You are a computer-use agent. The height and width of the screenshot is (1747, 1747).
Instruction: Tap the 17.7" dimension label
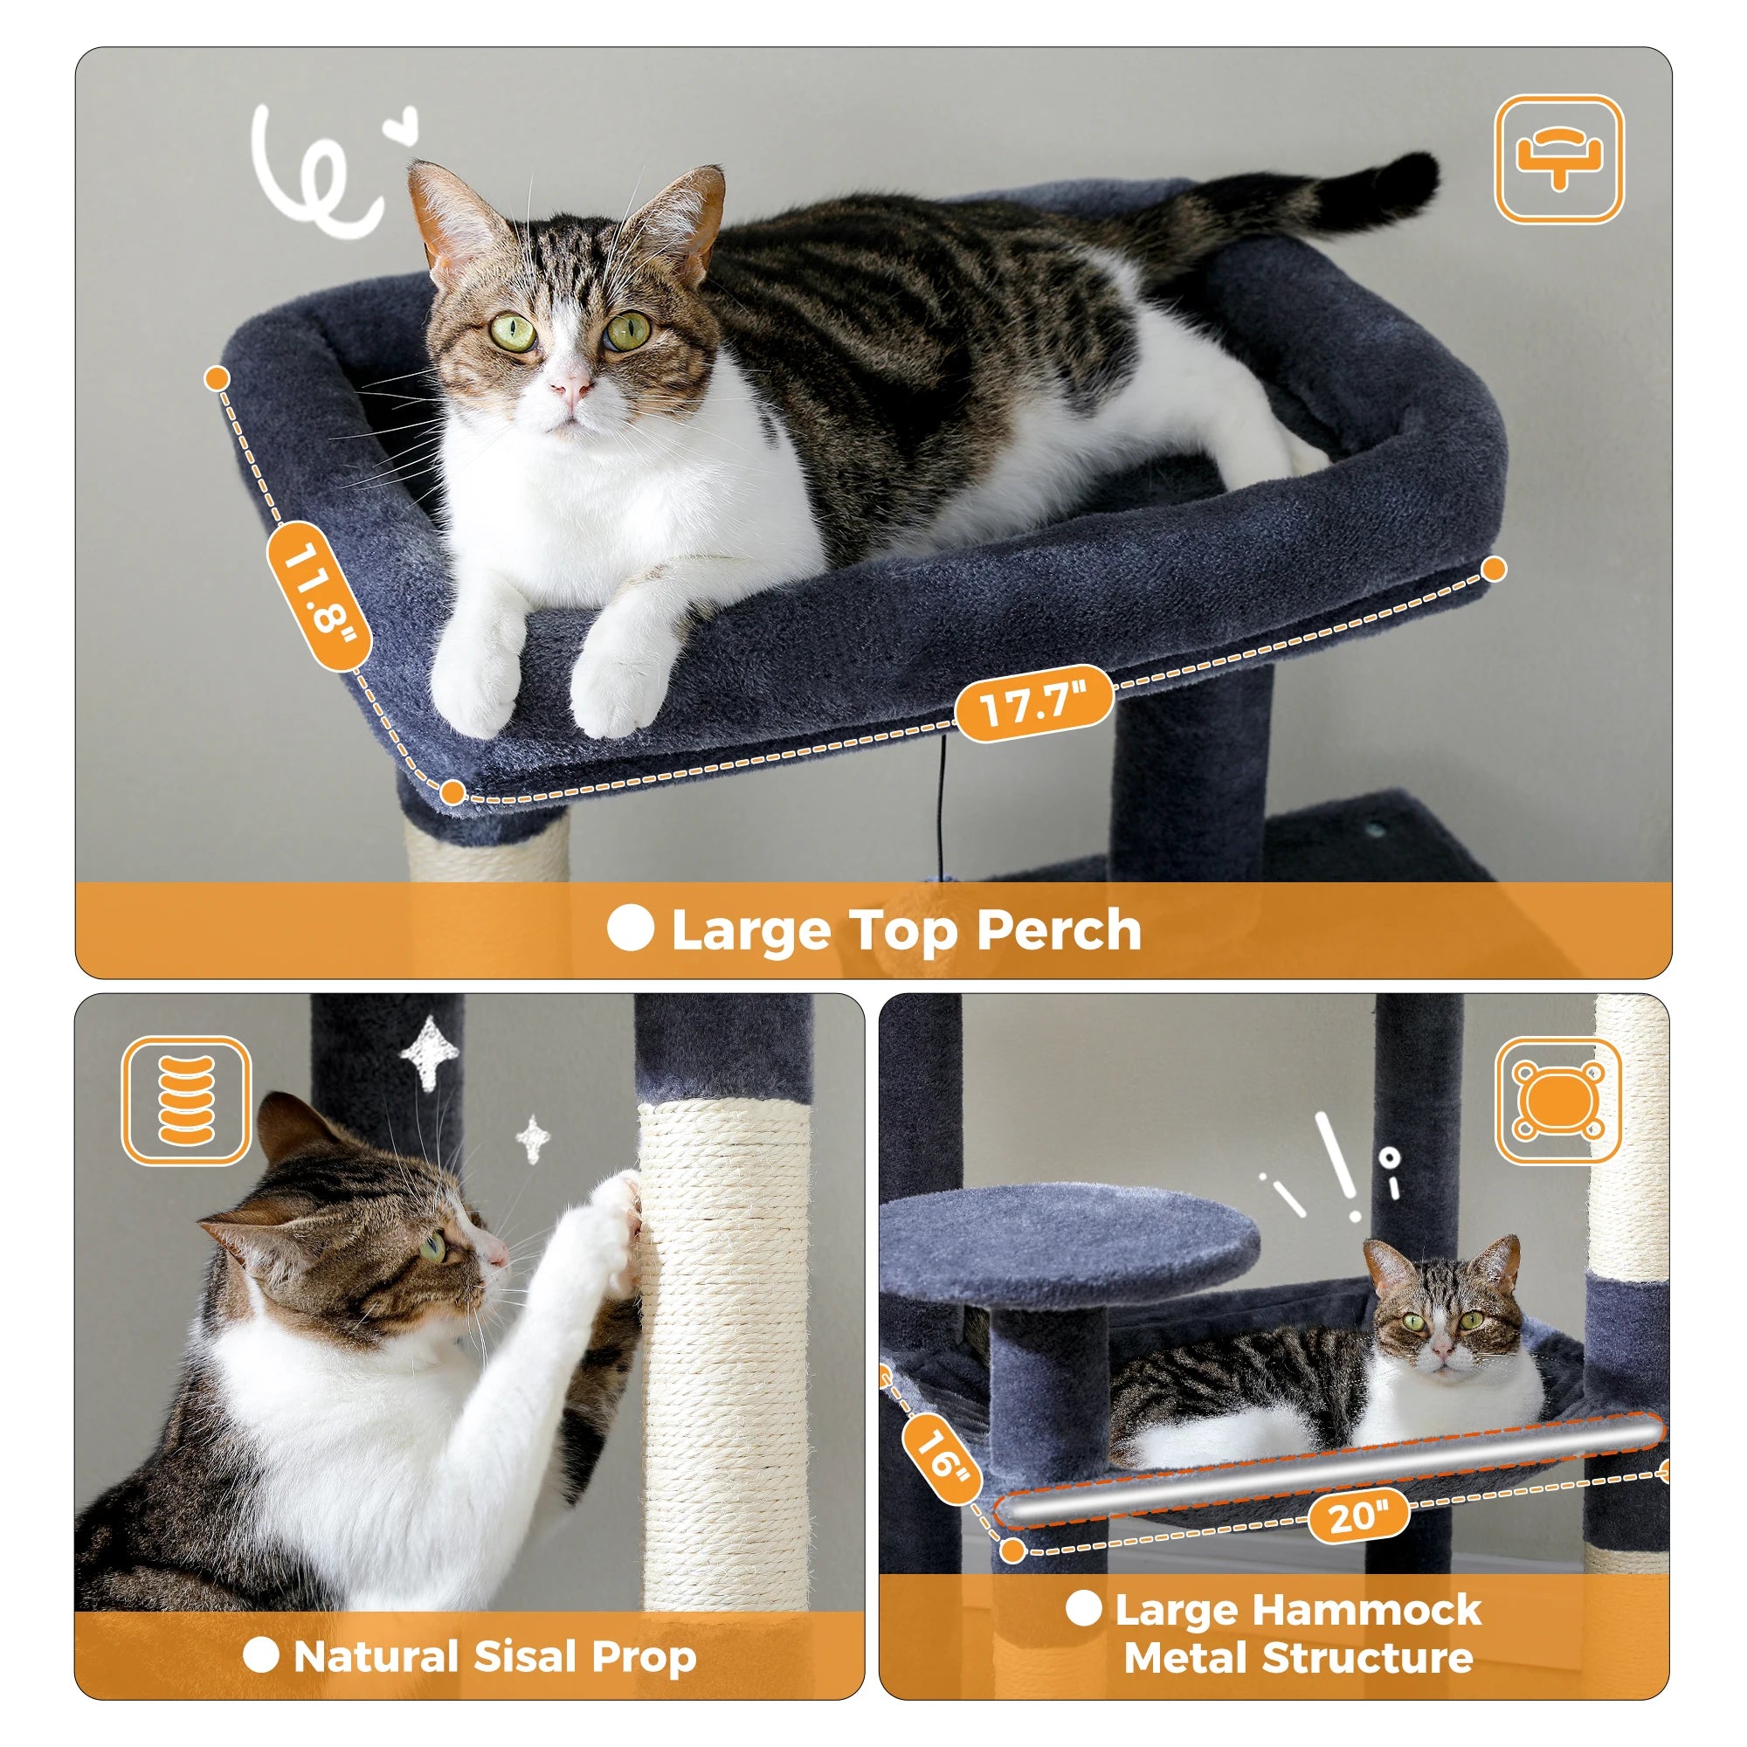pos(1033,702)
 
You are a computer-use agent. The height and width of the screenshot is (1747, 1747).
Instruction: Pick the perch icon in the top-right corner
pos(1558,159)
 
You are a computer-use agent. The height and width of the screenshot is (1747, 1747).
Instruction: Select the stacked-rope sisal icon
pos(186,1101)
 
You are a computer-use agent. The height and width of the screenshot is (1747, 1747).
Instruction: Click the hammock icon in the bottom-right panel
pos(1558,1102)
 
